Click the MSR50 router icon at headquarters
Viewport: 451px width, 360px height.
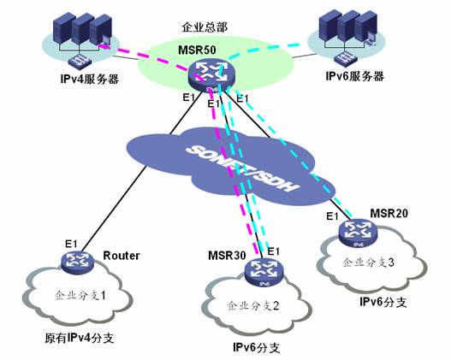[x=211, y=75]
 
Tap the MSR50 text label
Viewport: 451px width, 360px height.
[x=197, y=50]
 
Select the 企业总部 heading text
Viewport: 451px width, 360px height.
[x=205, y=27]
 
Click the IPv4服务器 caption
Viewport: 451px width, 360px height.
[x=90, y=79]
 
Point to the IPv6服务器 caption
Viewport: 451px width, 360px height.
[x=354, y=76]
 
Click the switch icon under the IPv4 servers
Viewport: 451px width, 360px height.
[x=80, y=61]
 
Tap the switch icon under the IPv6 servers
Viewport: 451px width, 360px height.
[x=346, y=58]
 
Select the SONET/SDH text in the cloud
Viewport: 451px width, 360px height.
[x=241, y=168]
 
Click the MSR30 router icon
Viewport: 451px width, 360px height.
[x=264, y=273]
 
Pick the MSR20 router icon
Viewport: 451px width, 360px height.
[x=358, y=233]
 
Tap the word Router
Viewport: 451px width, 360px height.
[x=122, y=256]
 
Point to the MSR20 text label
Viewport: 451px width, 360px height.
[x=389, y=214]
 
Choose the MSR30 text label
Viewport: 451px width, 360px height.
[x=227, y=256]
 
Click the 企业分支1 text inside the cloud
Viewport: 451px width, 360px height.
[x=80, y=295]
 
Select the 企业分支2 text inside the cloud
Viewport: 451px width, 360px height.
[x=253, y=306]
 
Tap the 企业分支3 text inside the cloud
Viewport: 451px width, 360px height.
[x=368, y=263]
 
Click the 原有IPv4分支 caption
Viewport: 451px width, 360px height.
[x=79, y=338]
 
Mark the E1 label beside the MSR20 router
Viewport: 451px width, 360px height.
[x=332, y=216]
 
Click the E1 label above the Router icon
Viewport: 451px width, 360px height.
[x=71, y=245]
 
